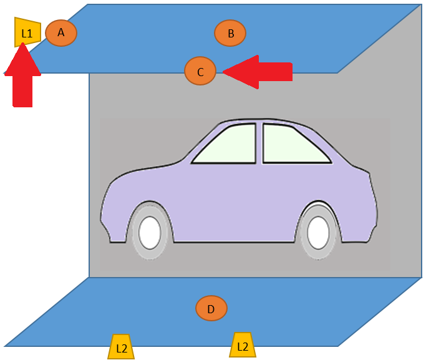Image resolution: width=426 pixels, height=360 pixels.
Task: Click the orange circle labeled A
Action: tap(61, 33)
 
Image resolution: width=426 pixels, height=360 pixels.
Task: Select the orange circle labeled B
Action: tap(230, 33)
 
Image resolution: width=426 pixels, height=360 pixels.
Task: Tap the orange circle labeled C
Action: tap(200, 71)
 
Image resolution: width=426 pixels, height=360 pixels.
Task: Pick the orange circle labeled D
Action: tap(211, 308)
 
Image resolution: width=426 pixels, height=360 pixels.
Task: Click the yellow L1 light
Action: tap(27, 32)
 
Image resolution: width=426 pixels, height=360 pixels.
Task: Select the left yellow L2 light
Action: tap(121, 347)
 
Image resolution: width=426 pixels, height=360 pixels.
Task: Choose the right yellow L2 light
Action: tap(243, 345)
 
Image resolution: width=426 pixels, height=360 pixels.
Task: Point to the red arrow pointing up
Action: tap(23, 75)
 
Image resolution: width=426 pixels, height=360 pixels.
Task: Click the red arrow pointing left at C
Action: tap(258, 72)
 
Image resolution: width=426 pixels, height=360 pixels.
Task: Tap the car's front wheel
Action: tap(150, 231)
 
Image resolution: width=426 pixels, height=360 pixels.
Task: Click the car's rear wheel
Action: tap(319, 231)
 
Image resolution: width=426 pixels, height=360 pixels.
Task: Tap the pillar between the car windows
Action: tap(259, 144)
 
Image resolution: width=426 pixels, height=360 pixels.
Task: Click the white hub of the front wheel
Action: tap(150, 233)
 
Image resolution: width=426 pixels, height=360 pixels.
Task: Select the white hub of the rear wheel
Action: tap(319, 233)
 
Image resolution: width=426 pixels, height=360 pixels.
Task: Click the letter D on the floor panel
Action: tap(211, 309)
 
